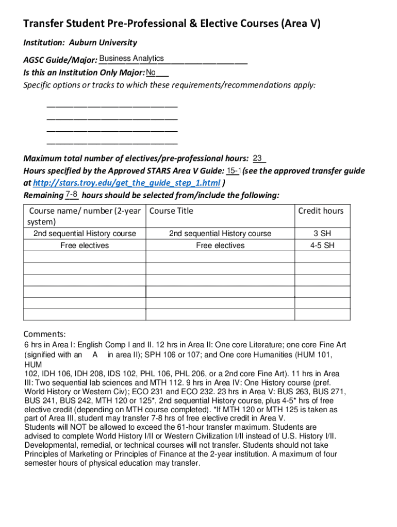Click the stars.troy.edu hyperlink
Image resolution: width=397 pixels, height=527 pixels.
click(126, 183)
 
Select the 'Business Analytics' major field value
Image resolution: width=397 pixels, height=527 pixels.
click(131, 59)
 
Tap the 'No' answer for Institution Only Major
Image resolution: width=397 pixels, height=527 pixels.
click(151, 72)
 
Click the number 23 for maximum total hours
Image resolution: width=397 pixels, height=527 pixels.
click(258, 158)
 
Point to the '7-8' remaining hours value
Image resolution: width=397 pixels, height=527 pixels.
click(72, 195)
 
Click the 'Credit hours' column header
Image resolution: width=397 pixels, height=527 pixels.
click(321, 210)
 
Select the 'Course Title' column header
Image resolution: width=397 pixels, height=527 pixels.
click(171, 210)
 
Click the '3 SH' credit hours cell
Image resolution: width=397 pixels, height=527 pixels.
click(322, 234)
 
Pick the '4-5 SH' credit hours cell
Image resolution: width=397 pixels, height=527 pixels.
click(322, 245)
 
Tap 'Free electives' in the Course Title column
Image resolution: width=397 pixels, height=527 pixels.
click(220, 245)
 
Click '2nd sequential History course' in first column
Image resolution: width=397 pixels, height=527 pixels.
click(85, 234)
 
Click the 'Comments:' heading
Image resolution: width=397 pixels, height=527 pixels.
click(45, 333)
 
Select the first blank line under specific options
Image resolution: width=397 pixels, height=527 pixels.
click(112, 107)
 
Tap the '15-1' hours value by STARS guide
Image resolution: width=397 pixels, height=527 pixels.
click(234, 171)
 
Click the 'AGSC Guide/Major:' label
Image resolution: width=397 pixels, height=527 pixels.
click(60, 61)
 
